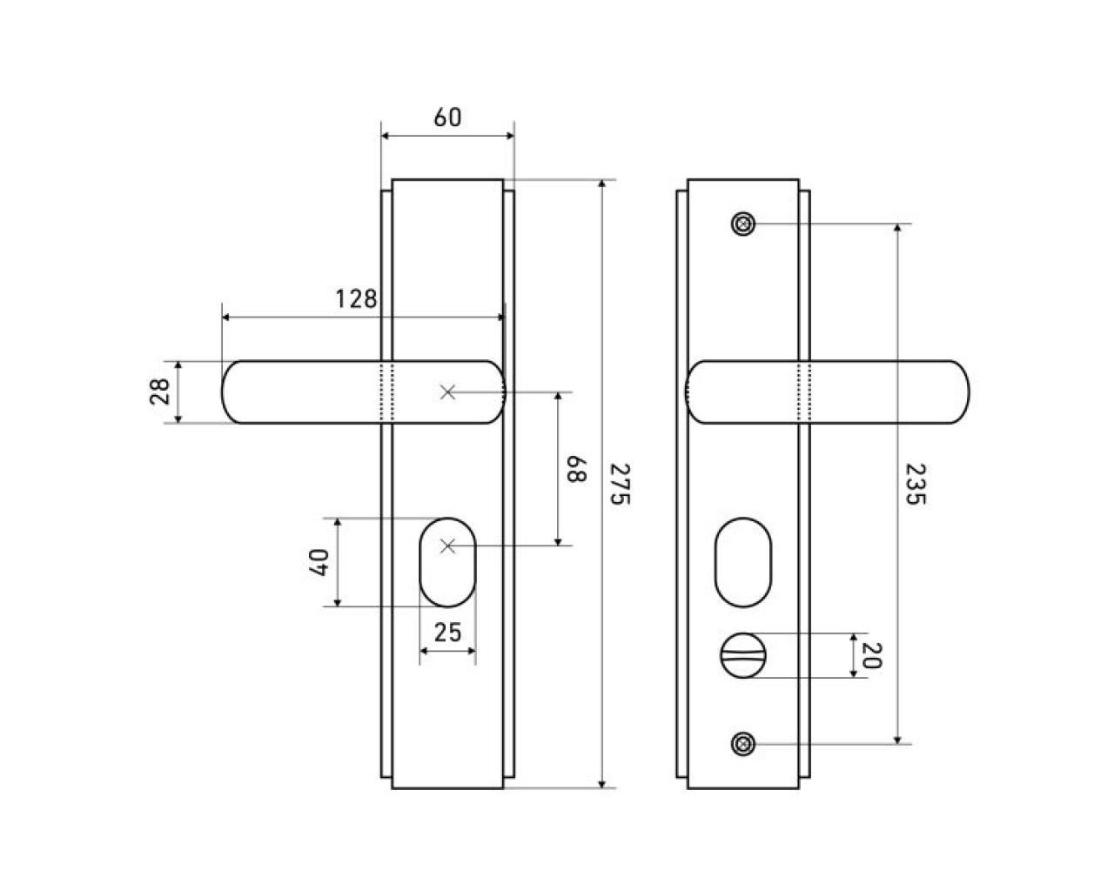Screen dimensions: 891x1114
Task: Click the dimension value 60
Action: (x=447, y=117)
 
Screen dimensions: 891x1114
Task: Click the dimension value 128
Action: (x=357, y=299)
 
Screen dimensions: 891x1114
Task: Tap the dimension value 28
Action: (x=159, y=392)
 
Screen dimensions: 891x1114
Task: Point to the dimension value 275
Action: (x=619, y=484)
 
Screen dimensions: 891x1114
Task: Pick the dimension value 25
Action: (x=447, y=633)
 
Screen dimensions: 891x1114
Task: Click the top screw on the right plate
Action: (x=742, y=224)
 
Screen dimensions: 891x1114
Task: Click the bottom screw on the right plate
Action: (x=742, y=744)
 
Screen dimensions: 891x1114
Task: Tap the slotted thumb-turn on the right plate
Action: (x=738, y=655)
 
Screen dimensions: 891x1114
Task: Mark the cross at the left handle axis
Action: (x=447, y=392)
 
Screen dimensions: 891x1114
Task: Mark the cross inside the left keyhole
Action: (x=447, y=546)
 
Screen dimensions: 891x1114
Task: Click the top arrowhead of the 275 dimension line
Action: (x=602, y=186)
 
